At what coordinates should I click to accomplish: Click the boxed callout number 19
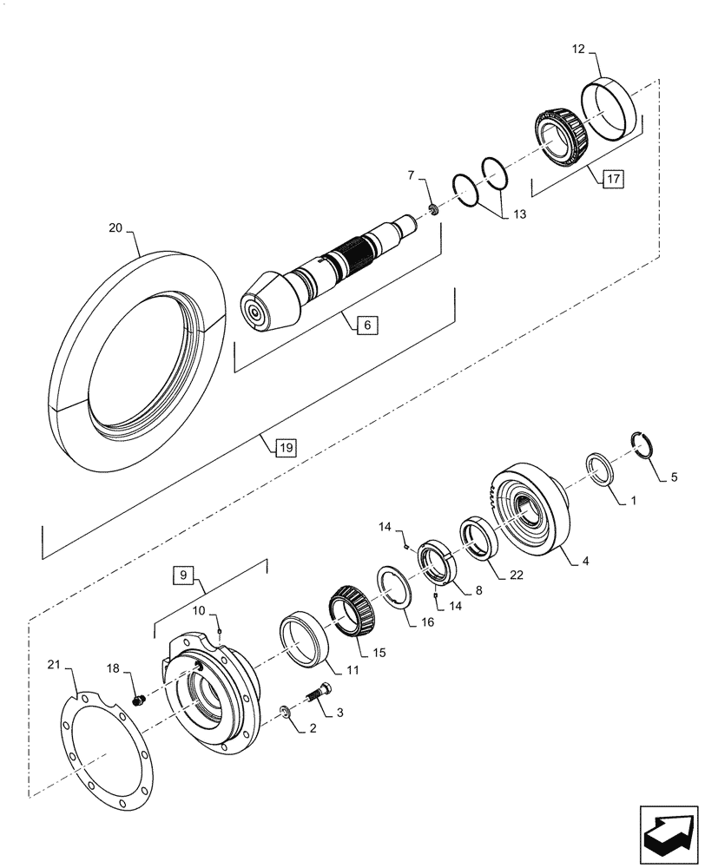click(x=286, y=449)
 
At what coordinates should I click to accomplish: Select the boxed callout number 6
click(x=366, y=325)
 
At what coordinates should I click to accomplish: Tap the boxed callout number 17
click(x=612, y=181)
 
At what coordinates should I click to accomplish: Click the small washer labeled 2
click(x=287, y=713)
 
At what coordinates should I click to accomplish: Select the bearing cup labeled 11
click(x=305, y=641)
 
